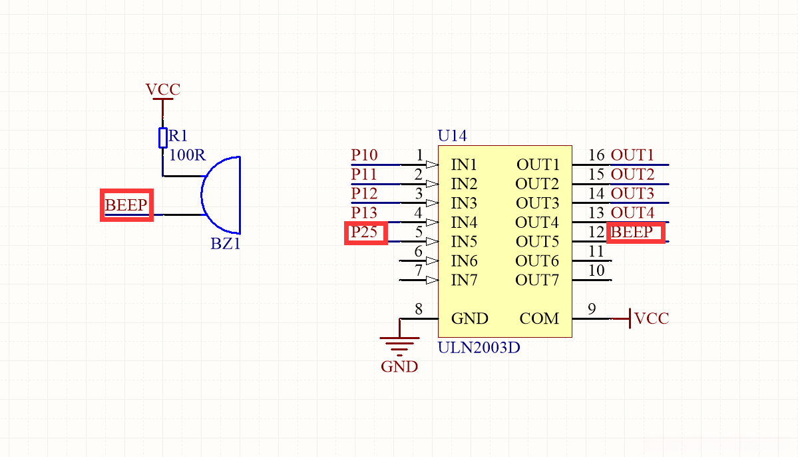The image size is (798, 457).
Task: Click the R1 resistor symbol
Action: (162, 137)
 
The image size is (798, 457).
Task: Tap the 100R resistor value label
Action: (188, 155)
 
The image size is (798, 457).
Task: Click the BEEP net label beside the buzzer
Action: (126, 205)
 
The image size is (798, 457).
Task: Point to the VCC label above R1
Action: (162, 89)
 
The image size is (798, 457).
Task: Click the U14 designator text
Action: (452, 136)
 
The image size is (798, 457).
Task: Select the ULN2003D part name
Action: (479, 347)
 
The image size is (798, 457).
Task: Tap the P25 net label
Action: (364, 232)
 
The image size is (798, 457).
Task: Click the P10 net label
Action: (364, 155)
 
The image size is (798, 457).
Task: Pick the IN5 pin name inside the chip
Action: (464, 241)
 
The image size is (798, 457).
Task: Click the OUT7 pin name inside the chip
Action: (537, 280)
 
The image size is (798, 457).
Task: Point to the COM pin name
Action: (539, 318)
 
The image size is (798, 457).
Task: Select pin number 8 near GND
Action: (418, 309)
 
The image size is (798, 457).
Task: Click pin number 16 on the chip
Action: (596, 155)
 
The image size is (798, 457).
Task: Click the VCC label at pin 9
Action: (652, 318)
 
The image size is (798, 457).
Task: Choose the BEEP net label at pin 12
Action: (632, 232)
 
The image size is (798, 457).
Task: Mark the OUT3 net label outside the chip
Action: (632, 194)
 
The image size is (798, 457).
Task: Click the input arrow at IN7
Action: (432, 280)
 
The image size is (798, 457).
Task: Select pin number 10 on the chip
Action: (596, 270)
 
